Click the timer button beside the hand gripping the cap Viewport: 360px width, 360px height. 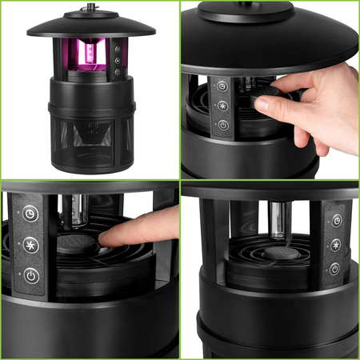tap(222, 86)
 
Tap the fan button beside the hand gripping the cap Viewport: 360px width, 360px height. tap(222, 106)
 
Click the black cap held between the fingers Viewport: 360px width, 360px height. tap(270, 98)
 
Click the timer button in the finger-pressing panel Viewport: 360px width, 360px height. tap(30, 214)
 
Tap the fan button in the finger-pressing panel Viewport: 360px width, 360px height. tap(30, 244)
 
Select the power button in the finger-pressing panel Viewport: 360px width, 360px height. tap(30, 274)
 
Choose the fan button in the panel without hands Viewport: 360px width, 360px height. tap(336, 245)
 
